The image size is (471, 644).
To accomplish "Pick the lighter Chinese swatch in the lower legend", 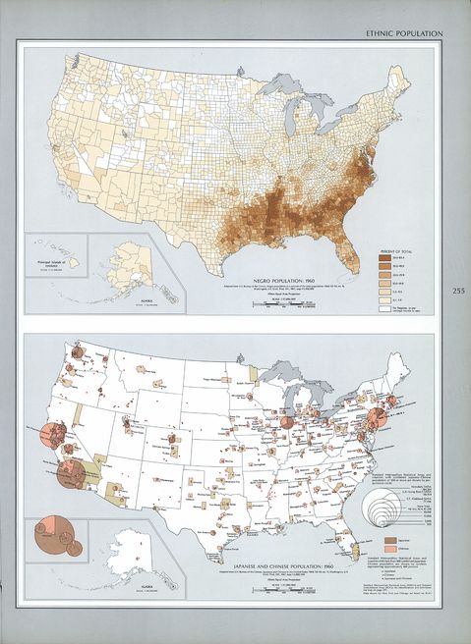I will (383, 550).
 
